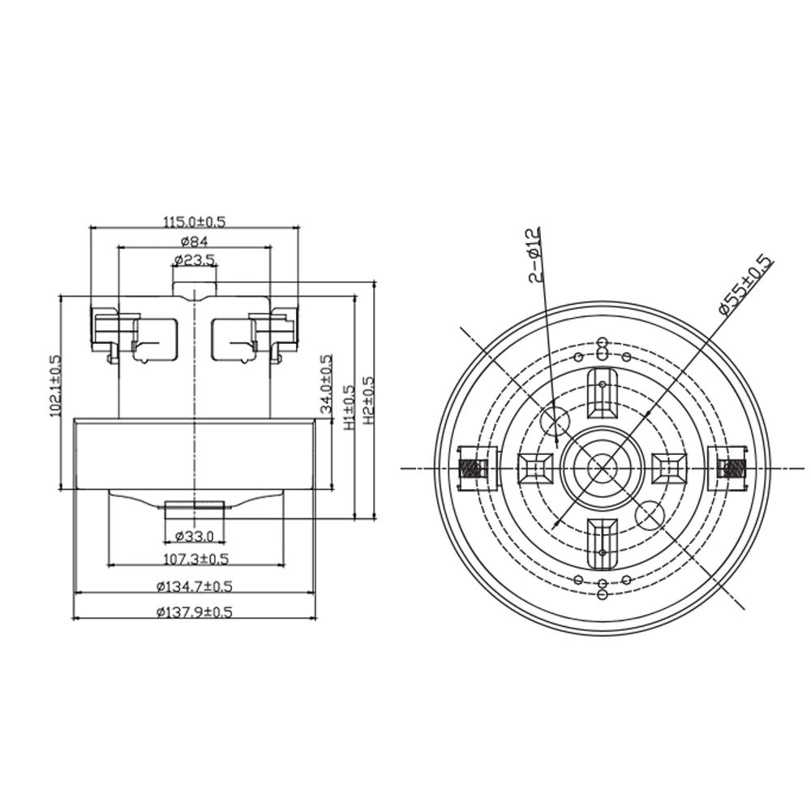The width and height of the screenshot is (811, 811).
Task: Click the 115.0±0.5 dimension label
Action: (x=195, y=221)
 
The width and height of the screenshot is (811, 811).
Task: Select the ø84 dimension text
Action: (x=195, y=241)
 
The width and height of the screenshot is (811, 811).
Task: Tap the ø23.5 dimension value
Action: (x=195, y=260)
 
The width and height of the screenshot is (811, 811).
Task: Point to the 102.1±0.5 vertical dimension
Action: (x=56, y=385)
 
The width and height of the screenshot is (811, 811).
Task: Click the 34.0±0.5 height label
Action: (x=327, y=384)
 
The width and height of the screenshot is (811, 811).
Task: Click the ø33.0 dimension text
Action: (x=194, y=536)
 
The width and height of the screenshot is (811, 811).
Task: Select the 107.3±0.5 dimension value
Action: (x=195, y=559)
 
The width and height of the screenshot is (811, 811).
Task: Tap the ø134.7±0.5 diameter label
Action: (x=195, y=586)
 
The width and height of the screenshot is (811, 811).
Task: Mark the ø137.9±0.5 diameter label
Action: (x=195, y=612)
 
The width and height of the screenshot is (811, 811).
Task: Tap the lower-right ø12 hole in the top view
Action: (x=651, y=514)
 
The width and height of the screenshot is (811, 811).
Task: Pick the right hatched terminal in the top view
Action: (x=732, y=468)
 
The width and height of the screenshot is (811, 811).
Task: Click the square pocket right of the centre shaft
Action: (x=669, y=468)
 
